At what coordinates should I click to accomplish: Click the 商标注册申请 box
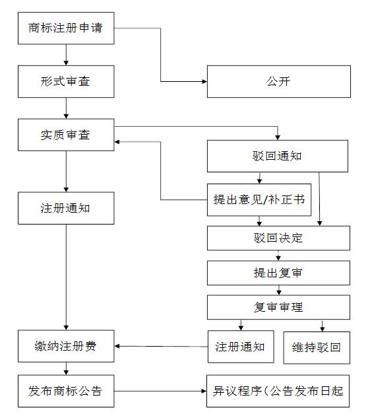[x=65, y=28]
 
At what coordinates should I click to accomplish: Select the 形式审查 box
[x=65, y=82]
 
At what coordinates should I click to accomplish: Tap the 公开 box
[x=278, y=82]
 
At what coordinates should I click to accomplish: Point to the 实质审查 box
[x=65, y=135]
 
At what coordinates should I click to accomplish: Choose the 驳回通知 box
[x=278, y=157]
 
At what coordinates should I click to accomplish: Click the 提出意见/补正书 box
[x=259, y=200]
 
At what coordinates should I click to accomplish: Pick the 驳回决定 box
[x=278, y=238]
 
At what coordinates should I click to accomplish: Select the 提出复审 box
[x=278, y=273]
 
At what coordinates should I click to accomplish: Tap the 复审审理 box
[x=278, y=307]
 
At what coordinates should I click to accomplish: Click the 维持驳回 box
[x=317, y=347]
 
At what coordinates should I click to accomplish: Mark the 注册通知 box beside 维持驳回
[x=240, y=347]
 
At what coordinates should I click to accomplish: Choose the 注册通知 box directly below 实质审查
[x=65, y=209]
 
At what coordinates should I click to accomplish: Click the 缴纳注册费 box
[x=65, y=347]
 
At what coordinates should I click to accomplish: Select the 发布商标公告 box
[x=65, y=390]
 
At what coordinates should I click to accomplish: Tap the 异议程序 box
[x=278, y=390]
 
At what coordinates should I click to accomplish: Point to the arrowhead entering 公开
[x=204, y=82]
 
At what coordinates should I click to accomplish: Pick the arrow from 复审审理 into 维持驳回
[x=322, y=325]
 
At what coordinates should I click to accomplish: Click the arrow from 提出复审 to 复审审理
[x=278, y=289]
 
